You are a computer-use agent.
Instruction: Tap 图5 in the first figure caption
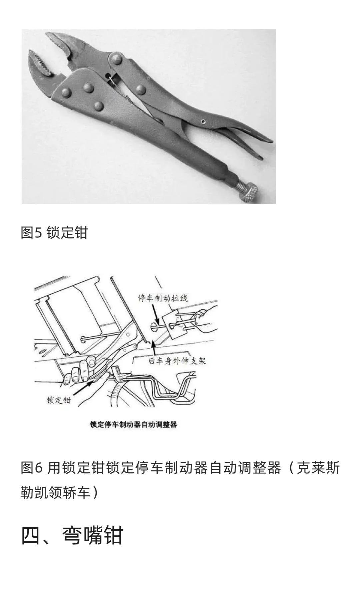tap(31, 232)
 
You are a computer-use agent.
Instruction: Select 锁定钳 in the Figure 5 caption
tap(67, 232)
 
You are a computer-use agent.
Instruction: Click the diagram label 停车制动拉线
tap(163, 298)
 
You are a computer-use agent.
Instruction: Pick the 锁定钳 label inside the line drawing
tap(59, 400)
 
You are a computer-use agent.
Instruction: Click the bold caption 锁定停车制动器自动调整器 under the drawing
tap(133, 425)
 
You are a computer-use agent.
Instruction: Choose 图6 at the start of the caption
tap(32, 468)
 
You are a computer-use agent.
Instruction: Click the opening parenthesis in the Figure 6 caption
tap(291, 468)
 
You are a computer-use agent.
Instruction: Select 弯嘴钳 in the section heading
tap(93, 536)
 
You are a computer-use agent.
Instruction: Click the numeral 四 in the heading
tap(31, 536)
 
